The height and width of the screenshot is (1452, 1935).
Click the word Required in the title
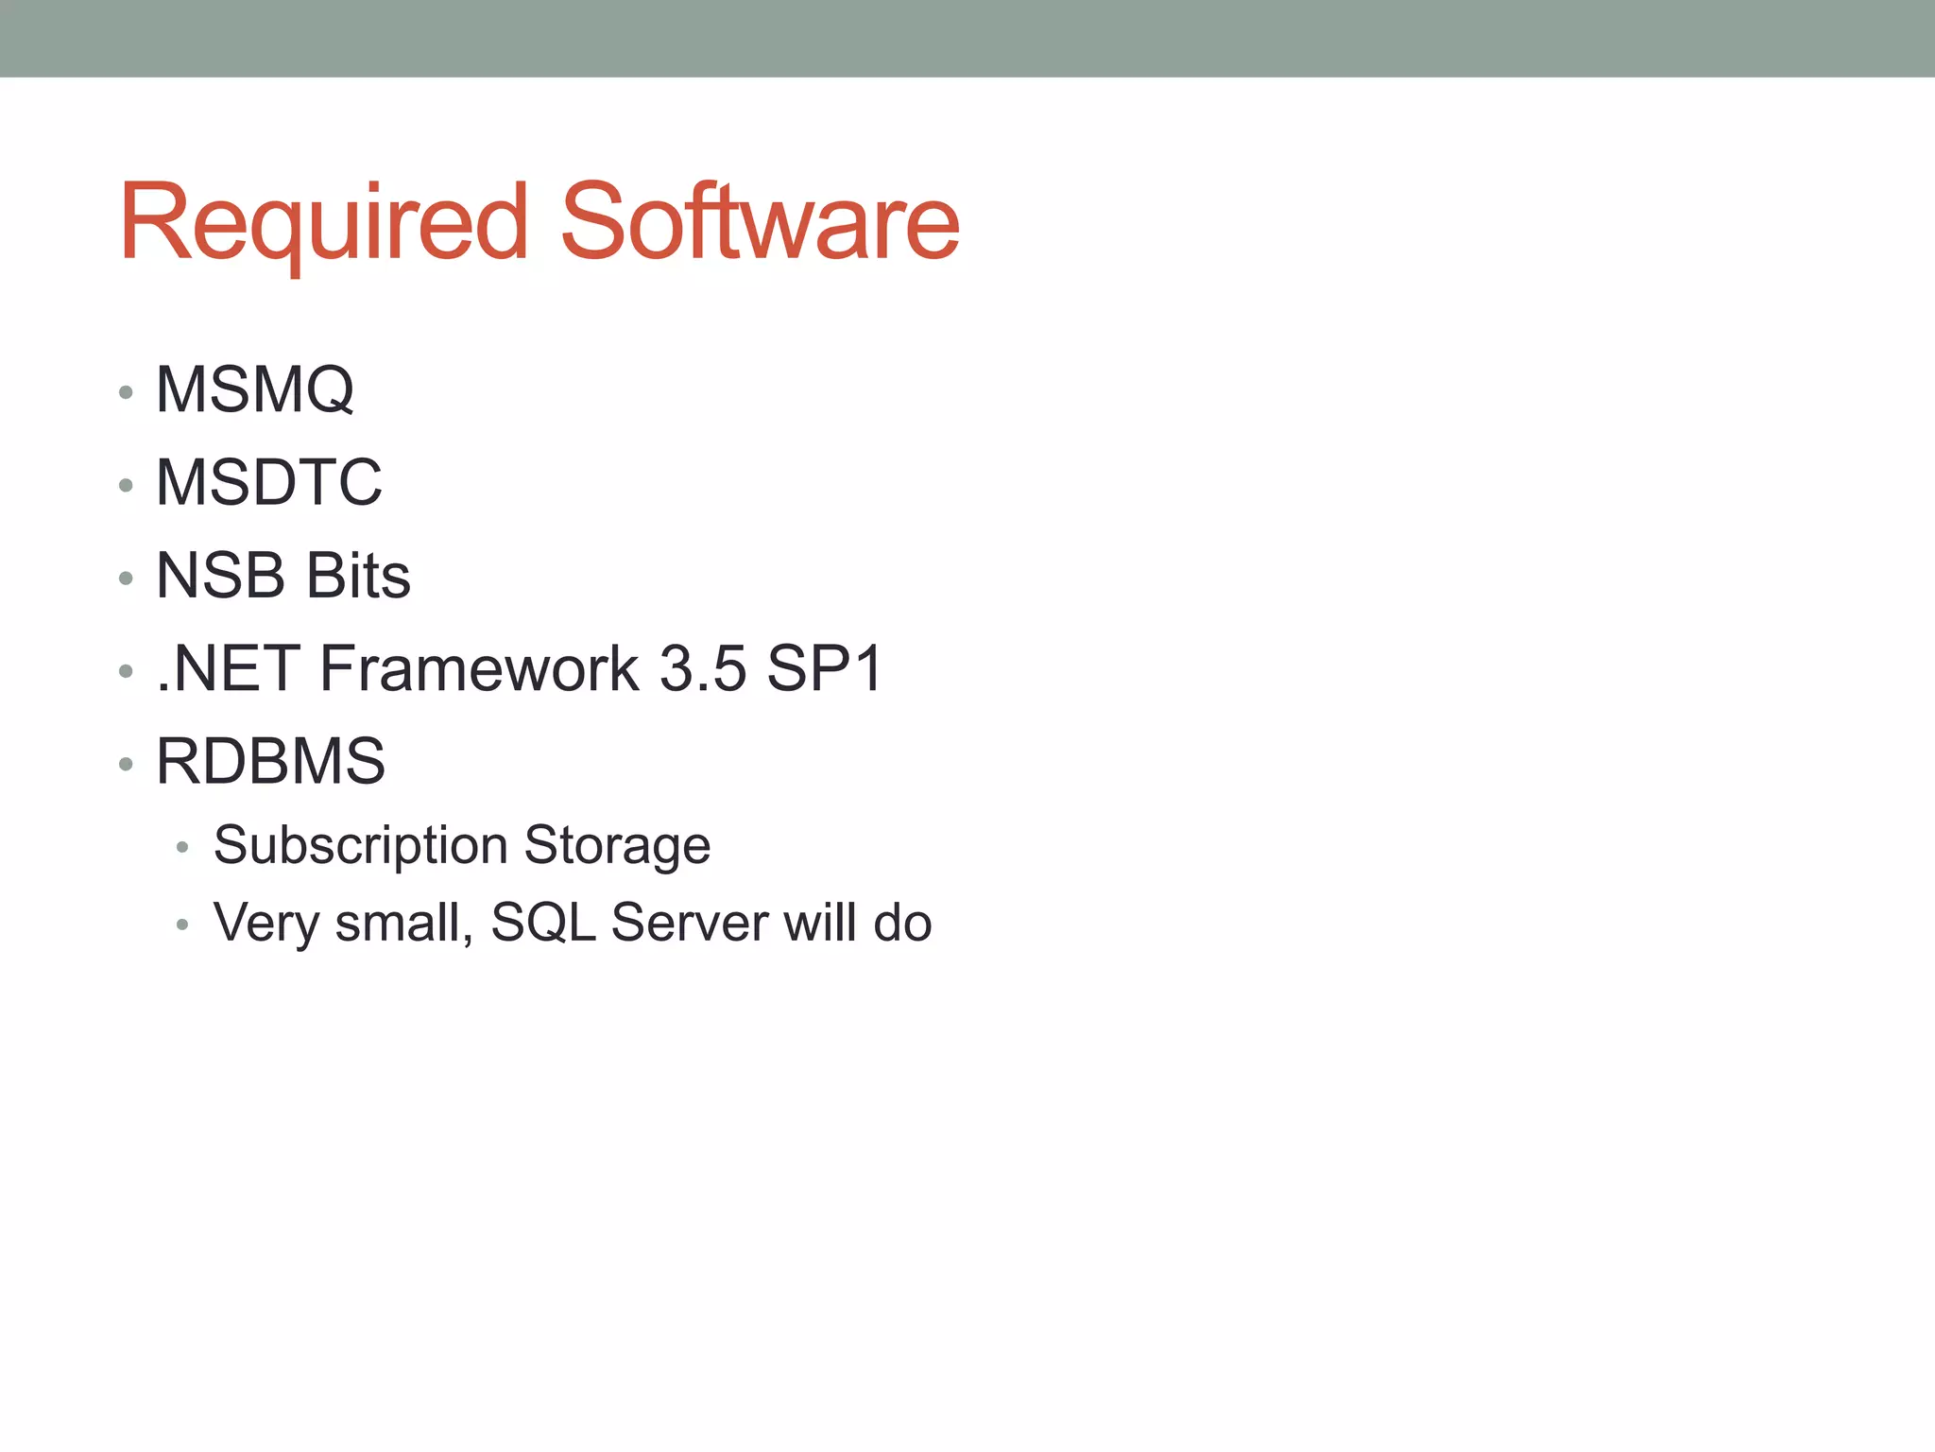click(x=322, y=223)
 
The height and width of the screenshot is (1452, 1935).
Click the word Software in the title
click(x=760, y=223)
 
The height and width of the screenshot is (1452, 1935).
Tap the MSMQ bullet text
click(x=255, y=389)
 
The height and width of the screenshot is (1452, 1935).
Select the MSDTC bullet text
click(x=269, y=482)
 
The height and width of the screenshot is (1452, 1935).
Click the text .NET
click(x=228, y=668)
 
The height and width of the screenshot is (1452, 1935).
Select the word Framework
click(x=480, y=668)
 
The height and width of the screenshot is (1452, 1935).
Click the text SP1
click(x=825, y=668)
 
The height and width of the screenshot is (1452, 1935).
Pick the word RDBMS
click(x=271, y=761)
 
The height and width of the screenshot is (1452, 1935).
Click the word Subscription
click(x=361, y=845)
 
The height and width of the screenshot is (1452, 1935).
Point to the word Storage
click(x=617, y=845)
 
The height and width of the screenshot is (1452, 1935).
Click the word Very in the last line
click(x=266, y=923)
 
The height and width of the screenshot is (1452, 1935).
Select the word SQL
click(x=543, y=923)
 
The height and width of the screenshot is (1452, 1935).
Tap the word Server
click(x=690, y=923)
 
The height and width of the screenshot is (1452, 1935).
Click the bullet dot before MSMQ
click(x=126, y=392)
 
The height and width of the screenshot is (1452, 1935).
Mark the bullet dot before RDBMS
click(x=126, y=765)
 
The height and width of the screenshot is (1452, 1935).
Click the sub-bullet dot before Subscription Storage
click(x=182, y=848)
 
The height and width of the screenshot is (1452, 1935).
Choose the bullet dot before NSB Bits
click(x=126, y=579)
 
